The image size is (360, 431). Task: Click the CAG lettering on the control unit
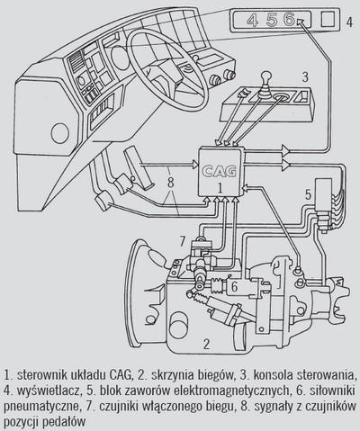click(219, 172)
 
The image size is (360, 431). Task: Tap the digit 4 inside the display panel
click(253, 20)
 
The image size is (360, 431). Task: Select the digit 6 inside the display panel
click(289, 20)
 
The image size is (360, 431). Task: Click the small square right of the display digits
click(328, 20)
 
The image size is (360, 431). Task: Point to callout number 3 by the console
click(305, 77)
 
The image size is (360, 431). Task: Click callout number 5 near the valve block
click(309, 195)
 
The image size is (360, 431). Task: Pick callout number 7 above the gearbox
click(183, 241)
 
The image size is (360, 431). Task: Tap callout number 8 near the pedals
click(171, 183)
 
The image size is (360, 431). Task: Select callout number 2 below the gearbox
click(206, 345)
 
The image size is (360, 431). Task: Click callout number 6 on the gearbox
click(234, 287)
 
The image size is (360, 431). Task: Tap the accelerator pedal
click(139, 167)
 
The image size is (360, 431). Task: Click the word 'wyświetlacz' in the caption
click(52, 391)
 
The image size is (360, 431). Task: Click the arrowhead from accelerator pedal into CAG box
click(195, 165)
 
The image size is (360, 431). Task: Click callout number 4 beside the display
click(349, 22)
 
